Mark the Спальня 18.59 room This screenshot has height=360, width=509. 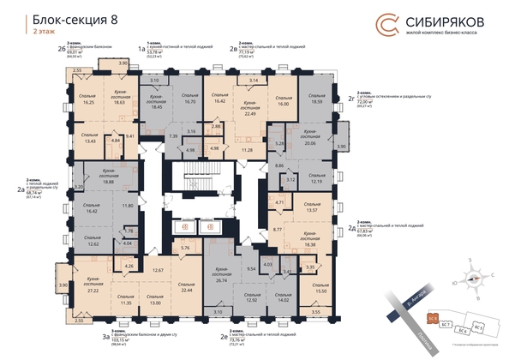point(318,99)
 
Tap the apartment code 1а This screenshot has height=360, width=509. point(142,51)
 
